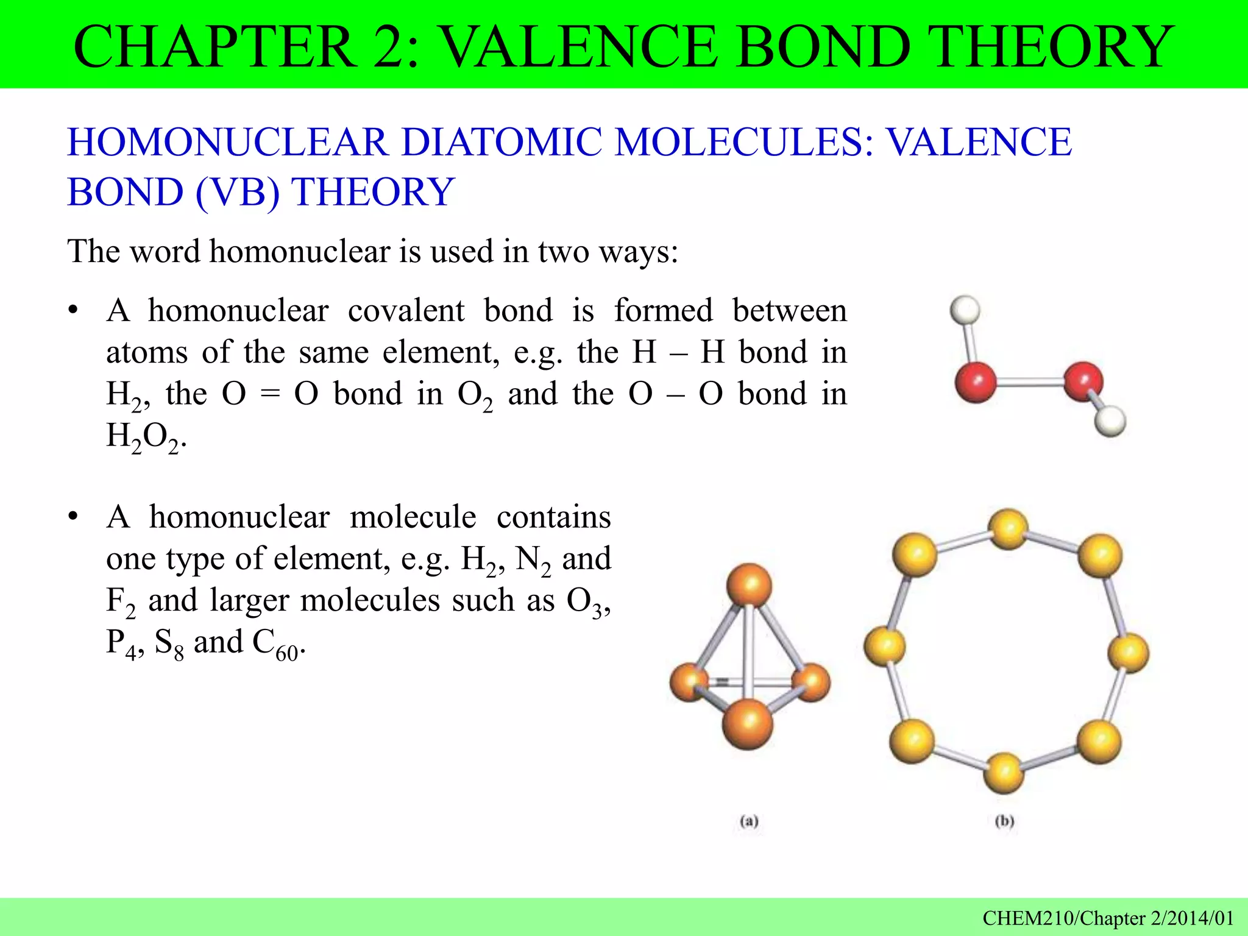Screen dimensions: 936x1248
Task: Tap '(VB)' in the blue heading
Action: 238,192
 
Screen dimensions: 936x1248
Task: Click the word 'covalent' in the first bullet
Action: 406,310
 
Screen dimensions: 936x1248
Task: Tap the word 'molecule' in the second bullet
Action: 413,517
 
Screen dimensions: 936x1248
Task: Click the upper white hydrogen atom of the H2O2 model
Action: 965,310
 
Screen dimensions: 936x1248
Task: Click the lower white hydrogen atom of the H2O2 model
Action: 1110,421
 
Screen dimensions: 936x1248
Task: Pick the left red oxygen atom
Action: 976,382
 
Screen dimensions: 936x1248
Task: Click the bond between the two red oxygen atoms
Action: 1029,383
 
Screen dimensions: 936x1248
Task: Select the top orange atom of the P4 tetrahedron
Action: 749,585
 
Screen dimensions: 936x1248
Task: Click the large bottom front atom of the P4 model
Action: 748,723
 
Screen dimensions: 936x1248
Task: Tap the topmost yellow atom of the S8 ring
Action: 1008,528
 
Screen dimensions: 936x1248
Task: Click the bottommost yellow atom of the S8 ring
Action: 1004,773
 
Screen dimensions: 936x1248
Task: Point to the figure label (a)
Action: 749,821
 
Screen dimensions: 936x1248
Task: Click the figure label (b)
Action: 1004,821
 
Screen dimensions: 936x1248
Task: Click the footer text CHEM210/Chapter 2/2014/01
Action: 1108,918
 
